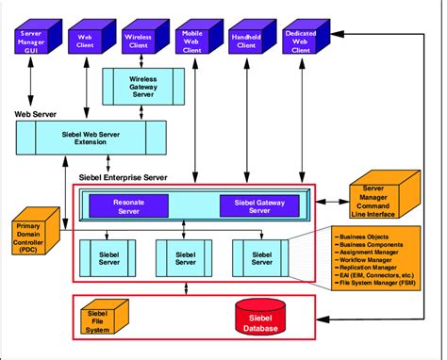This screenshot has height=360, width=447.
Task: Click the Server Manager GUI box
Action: (x=32, y=40)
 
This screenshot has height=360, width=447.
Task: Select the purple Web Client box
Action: (x=86, y=40)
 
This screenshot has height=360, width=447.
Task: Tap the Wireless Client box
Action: (x=140, y=40)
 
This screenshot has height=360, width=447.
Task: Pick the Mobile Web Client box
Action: (x=192, y=40)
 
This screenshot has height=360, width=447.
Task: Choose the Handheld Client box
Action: (x=246, y=40)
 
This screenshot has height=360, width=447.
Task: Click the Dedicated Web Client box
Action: (x=300, y=40)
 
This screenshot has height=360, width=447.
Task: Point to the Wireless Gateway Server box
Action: (x=141, y=86)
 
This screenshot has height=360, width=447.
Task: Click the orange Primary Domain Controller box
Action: (x=35, y=233)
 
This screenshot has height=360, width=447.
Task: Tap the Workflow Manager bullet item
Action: (x=370, y=258)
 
